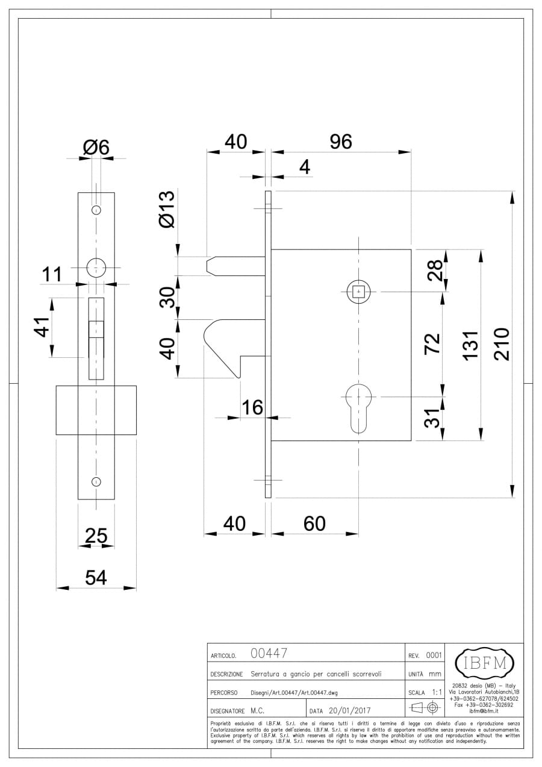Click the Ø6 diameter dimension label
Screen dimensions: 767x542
coord(96,147)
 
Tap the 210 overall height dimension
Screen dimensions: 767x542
coord(501,344)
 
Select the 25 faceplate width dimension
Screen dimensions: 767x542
coord(96,535)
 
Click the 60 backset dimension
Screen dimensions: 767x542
coord(314,524)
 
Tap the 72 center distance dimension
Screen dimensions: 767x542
coord(434,343)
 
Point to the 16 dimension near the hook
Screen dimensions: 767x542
coord(252,408)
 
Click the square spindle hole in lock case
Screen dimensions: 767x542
coord(359,292)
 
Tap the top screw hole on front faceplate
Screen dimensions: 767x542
coord(96,210)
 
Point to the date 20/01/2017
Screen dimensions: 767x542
coord(349,711)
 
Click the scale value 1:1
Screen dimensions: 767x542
coord(437,692)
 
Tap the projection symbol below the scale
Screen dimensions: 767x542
coord(425,709)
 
